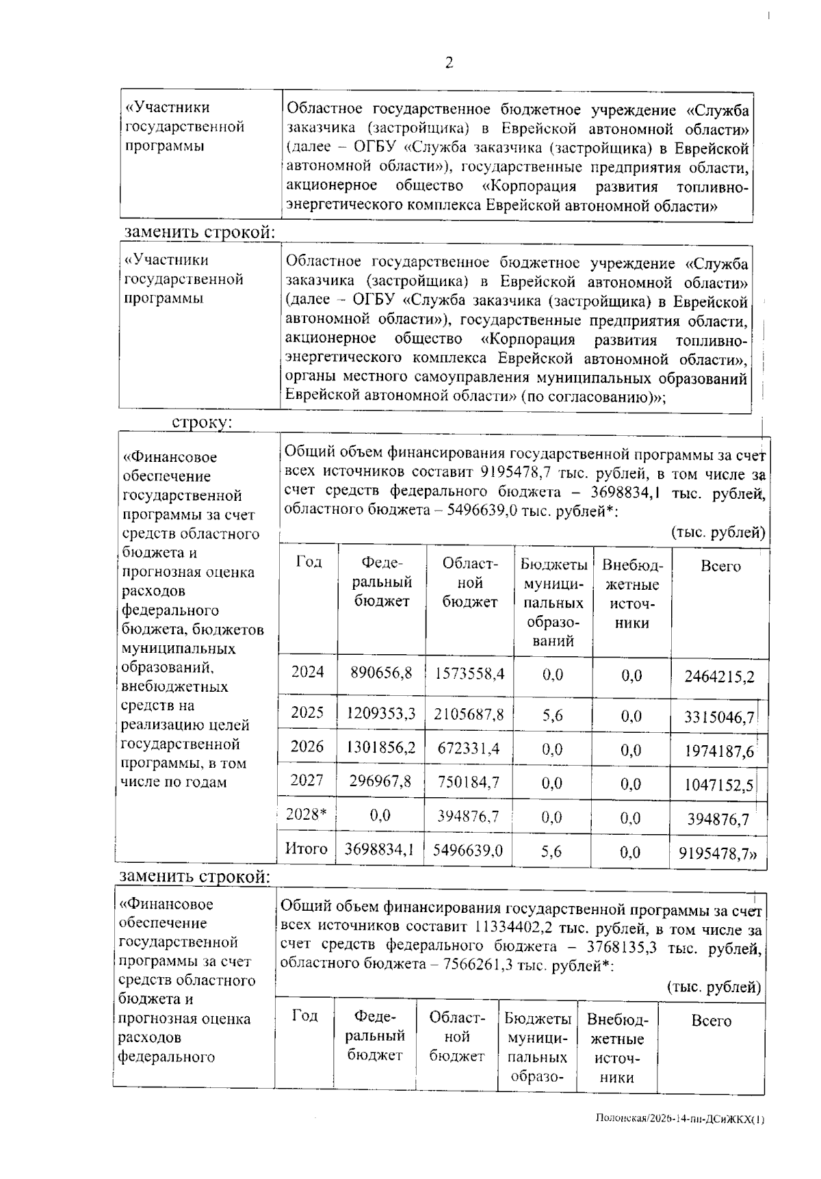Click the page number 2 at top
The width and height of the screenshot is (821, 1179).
coord(449,63)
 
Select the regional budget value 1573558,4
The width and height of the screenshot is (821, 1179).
coord(469,673)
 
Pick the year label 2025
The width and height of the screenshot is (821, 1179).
coord(307,712)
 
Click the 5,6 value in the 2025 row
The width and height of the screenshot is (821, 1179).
coord(552,715)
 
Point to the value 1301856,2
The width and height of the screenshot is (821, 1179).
coord(381,747)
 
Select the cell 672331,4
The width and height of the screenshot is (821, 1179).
coord(469,749)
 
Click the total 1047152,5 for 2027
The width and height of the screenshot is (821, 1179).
coord(719,786)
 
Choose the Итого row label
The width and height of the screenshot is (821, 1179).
coord(306,848)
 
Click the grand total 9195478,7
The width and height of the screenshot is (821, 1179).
coord(719,853)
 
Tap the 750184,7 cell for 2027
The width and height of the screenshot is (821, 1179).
coord(469,781)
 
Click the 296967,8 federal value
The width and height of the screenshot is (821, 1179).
coord(380,781)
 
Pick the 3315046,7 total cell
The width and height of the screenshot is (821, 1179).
coord(719,717)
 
